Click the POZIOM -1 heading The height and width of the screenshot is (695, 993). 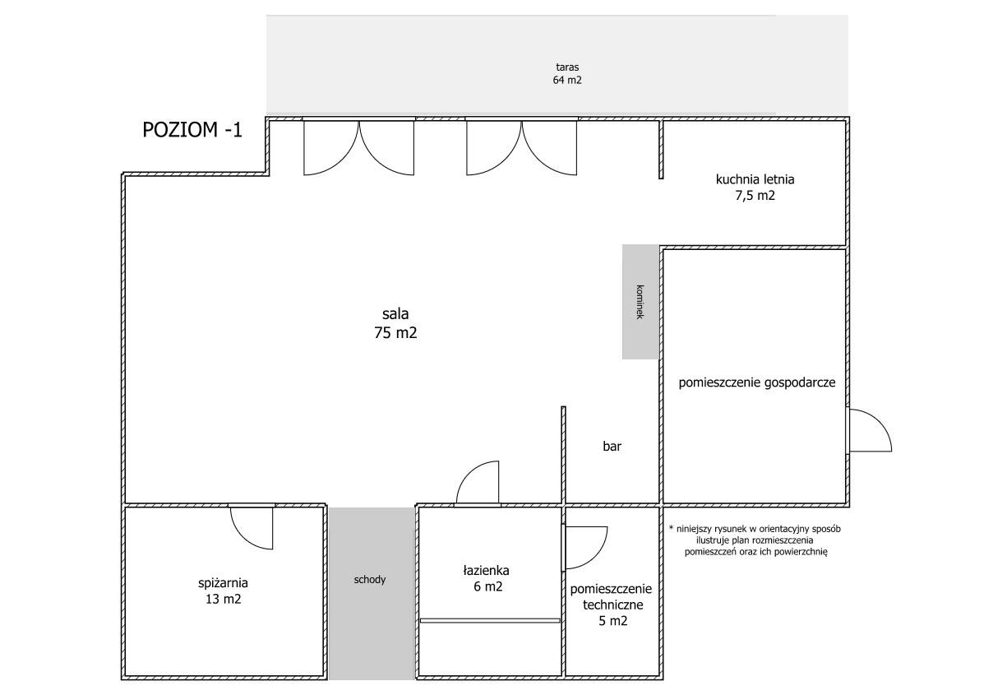pos(192,129)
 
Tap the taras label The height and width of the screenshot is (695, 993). pos(567,67)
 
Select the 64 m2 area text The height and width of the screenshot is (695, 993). pos(567,81)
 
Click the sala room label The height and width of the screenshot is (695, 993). pos(395,314)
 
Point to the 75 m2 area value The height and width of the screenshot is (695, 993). pos(395,332)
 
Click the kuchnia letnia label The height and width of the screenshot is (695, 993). pos(755,179)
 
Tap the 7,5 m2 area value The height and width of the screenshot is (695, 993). pos(755,196)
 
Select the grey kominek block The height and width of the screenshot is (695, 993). pos(640,302)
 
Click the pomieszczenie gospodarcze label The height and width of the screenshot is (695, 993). pos(757,382)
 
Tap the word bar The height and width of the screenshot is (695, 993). pos(612,446)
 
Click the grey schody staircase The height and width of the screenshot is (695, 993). pos(372,594)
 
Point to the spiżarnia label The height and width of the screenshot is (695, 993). pos(223,583)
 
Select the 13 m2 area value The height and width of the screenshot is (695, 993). pos(223,600)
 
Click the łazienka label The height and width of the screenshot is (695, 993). pos(486,570)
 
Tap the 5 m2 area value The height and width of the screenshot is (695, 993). pos(613,621)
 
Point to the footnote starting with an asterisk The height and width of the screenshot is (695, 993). pos(755,540)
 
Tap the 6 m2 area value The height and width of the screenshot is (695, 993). pos(488,586)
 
